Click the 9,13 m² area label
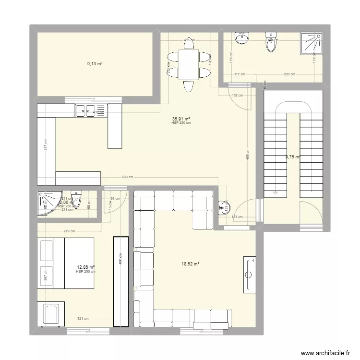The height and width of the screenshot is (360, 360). [95, 63]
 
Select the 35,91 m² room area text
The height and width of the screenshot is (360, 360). [181, 119]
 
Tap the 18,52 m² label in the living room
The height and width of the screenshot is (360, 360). [190, 263]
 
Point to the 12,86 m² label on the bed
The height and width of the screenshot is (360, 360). [85, 268]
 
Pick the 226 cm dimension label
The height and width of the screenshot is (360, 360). [70, 231]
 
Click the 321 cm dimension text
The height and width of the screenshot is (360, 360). [83, 318]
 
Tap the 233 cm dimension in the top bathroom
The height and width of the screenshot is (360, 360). [289, 74]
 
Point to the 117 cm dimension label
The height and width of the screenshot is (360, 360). [240, 74]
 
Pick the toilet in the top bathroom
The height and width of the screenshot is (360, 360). [272, 43]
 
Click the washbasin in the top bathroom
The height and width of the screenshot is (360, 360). [241, 38]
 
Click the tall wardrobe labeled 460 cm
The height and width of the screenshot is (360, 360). [120, 282]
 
